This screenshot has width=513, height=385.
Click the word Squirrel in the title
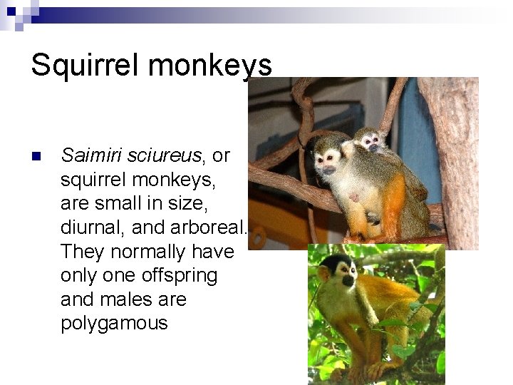pos(85,65)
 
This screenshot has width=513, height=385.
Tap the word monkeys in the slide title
pos(210,65)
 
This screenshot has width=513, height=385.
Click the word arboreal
pos(208,227)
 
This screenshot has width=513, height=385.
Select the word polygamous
pos(114,324)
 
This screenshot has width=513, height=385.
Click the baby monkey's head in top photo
pos(369,140)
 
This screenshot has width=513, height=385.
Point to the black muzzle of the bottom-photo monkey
pos(348,280)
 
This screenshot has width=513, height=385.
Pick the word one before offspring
pos(120,276)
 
